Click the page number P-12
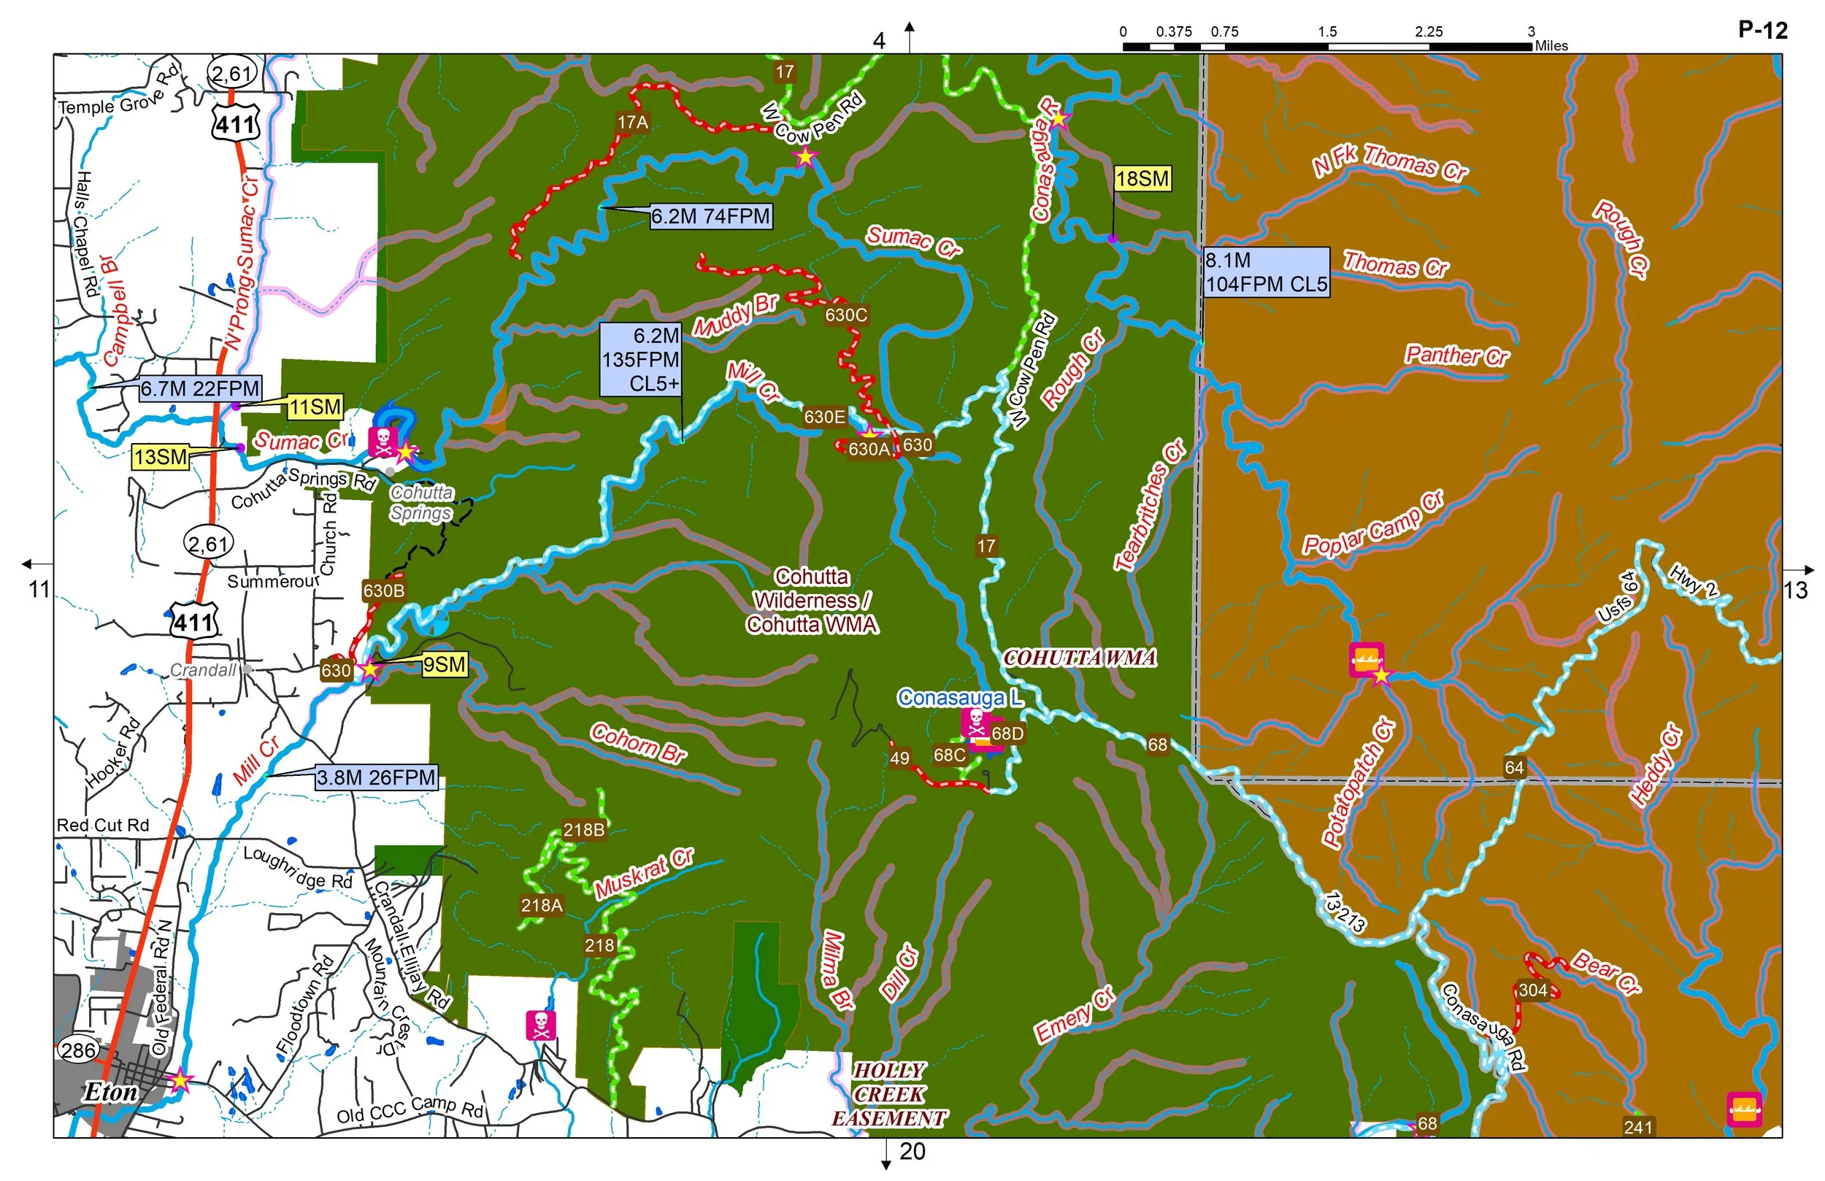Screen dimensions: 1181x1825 pos(1762,30)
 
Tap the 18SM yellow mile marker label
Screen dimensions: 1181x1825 pos(1142,179)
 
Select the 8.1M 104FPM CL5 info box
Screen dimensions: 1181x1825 pos(1265,272)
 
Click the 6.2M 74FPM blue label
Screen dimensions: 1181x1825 pos(710,216)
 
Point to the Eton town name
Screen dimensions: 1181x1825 pos(110,1091)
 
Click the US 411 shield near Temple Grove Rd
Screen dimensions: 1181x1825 pos(235,124)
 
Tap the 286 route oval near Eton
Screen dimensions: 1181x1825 pos(78,1050)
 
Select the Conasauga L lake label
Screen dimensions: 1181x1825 pos(958,697)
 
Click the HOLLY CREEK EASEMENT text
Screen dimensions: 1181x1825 pos(889,1094)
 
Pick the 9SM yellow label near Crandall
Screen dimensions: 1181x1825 pos(444,664)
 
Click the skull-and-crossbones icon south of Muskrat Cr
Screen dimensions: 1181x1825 pos(541,1026)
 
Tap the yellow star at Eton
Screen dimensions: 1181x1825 pos(180,1080)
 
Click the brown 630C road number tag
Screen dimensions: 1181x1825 pos(846,315)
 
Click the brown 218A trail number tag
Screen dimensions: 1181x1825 pos(542,906)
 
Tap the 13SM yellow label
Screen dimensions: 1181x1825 pos(161,457)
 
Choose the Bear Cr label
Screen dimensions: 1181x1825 pos(1606,972)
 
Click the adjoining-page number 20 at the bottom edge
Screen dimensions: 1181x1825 pos(912,1151)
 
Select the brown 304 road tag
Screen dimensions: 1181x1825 pos(1533,990)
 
